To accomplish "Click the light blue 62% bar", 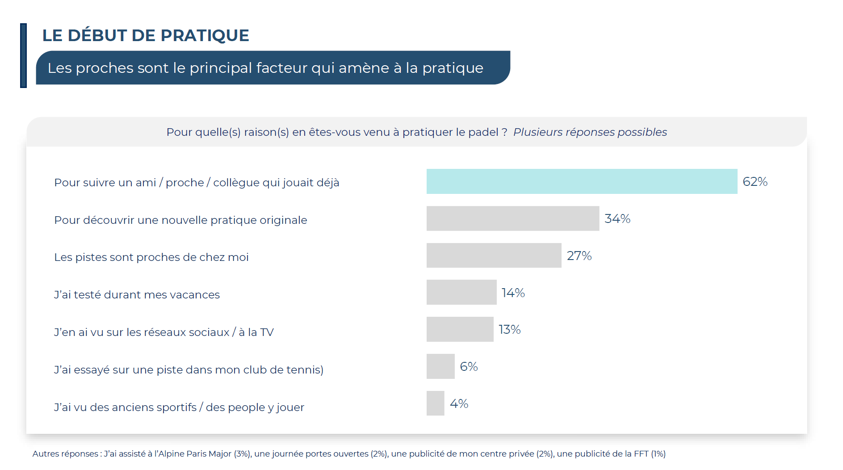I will [x=582, y=181].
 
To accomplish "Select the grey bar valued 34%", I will [x=512, y=218].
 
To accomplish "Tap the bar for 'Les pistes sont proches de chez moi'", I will [x=494, y=256].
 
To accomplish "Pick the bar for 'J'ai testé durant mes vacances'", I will [x=461, y=292].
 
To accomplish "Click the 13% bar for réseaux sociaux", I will [x=460, y=329].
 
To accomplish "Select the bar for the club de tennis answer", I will [x=440, y=366].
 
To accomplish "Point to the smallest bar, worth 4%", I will [x=435, y=403].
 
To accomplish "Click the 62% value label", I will [x=755, y=181].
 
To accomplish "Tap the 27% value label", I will [x=579, y=256].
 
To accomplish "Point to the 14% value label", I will [x=513, y=293].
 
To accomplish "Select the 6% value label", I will [x=469, y=366].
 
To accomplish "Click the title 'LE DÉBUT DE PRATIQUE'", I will [x=146, y=35].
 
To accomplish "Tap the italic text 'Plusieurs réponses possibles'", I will [x=590, y=132].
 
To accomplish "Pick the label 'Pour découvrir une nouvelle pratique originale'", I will [x=180, y=220].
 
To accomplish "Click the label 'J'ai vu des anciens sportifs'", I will [x=125, y=407].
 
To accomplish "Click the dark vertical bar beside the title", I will [x=23, y=55].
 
